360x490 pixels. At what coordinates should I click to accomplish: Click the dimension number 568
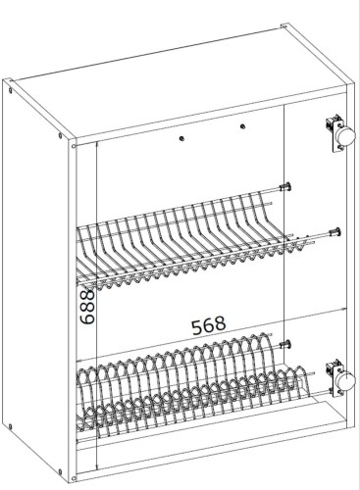click(x=206, y=322)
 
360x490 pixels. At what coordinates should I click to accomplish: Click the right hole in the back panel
click(x=241, y=126)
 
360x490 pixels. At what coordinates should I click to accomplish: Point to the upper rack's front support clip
click(x=334, y=231)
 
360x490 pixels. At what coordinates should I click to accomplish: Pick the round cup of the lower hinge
click(x=346, y=384)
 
